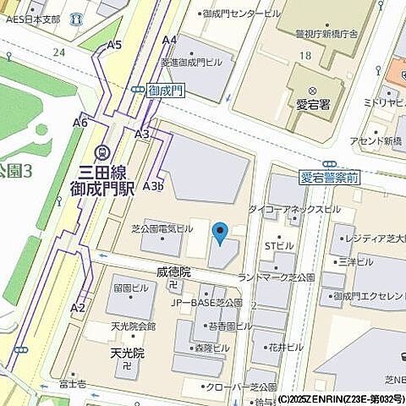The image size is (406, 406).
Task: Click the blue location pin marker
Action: tap(220, 233)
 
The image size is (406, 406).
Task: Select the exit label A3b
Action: tap(153, 185)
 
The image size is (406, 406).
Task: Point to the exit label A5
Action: tap(115, 44)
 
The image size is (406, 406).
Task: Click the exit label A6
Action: tap(80, 123)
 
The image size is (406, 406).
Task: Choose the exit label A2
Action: tap(78, 307)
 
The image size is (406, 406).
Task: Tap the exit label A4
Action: tap(169, 40)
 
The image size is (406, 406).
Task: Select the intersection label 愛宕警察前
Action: tap(330, 178)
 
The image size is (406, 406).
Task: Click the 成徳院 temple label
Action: tap(174, 272)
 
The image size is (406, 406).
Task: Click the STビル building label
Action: tap(279, 245)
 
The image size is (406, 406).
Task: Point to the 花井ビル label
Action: tap(286, 347)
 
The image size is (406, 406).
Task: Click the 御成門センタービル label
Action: tap(242, 14)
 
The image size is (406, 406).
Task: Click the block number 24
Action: tap(58, 52)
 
